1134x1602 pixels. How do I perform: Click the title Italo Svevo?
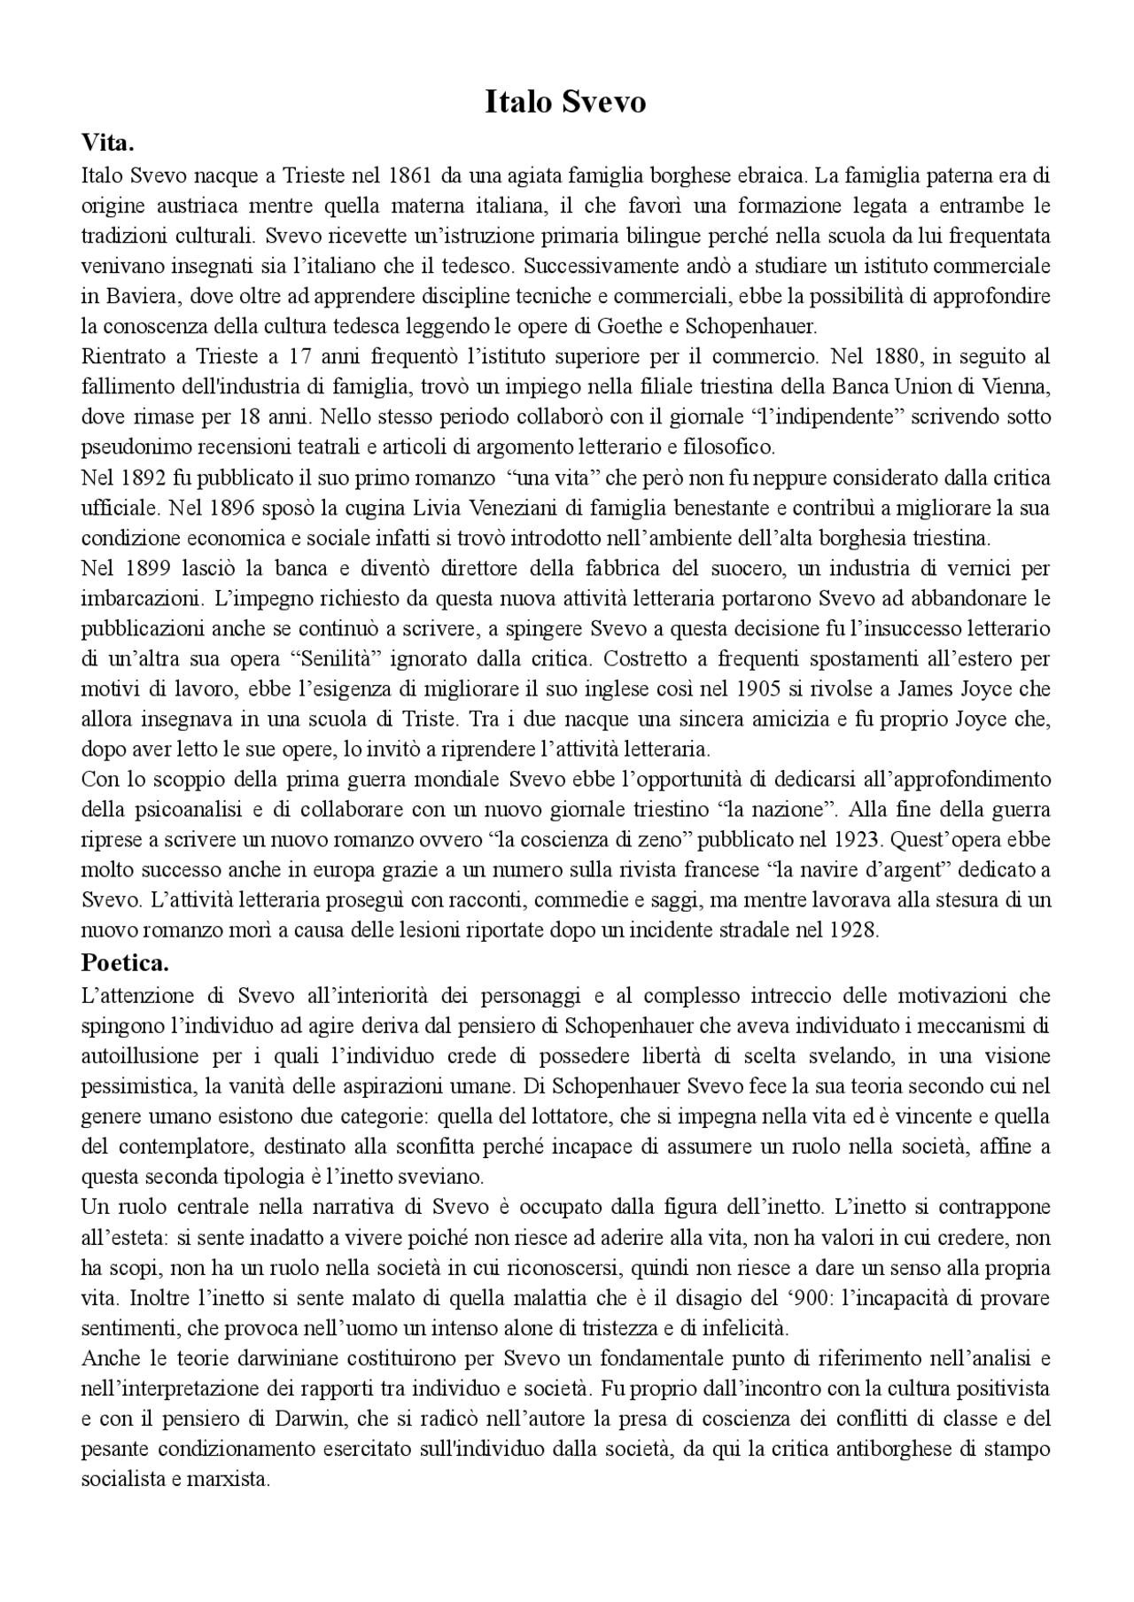(565, 102)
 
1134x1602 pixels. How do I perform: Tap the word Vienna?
(1018, 387)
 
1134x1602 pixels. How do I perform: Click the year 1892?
(144, 478)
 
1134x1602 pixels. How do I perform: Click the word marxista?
(228, 1480)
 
